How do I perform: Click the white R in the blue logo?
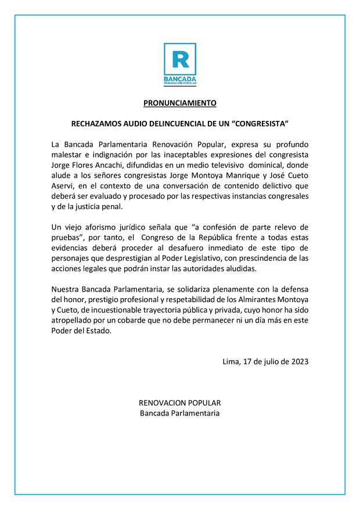click(x=179, y=59)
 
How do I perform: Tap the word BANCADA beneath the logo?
click(x=180, y=78)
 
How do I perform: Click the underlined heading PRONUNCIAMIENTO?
click(x=180, y=103)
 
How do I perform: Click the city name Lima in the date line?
click(x=232, y=361)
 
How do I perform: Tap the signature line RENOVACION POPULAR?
click(x=179, y=403)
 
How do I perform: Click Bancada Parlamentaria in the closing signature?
click(x=179, y=413)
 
